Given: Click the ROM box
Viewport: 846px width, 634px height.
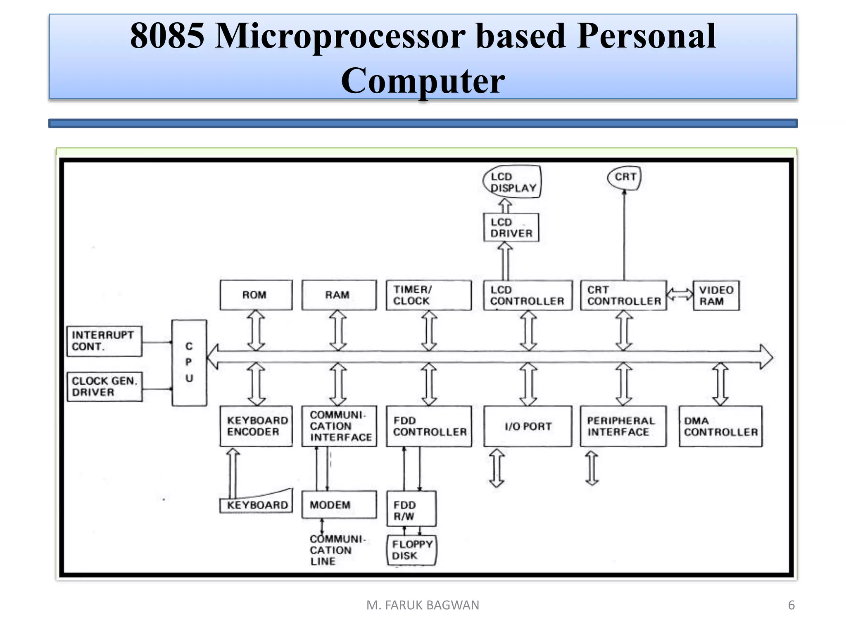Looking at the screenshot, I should [x=256, y=295].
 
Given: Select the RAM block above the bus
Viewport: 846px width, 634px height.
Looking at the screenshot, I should [x=339, y=295].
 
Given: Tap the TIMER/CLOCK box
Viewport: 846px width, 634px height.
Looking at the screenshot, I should [x=428, y=295].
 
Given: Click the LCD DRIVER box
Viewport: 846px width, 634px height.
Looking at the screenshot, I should [x=511, y=227].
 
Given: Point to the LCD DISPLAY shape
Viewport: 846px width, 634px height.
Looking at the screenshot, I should [x=512, y=182].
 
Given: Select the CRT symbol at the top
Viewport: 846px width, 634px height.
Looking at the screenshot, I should [x=624, y=177].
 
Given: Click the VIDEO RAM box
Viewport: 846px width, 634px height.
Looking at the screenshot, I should [x=716, y=296].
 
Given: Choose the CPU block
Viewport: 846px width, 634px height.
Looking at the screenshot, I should [x=189, y=362].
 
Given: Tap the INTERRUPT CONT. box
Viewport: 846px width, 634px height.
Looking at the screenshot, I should [x=104, y=341].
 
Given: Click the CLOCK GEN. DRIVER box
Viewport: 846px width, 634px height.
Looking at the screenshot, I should [x=104, y=387].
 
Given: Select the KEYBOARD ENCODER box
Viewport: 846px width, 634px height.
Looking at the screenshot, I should [x=256, y=426].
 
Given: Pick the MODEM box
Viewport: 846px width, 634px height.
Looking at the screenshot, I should [x=339, y=504].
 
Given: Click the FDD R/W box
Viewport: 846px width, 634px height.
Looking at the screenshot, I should [x=411, y=509].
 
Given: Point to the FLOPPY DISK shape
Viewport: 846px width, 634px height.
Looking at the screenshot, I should [x=411, y=550].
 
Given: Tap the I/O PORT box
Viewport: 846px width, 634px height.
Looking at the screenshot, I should [x=528, y=426].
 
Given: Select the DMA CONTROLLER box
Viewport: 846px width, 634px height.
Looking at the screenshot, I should [x=720, y=426].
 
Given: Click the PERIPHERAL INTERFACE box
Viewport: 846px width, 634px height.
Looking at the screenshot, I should [x=623, y=426].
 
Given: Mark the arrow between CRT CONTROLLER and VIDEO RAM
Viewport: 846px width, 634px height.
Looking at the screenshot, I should [x=680, y=294].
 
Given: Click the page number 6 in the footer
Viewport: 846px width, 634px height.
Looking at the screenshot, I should [x=791, y=605].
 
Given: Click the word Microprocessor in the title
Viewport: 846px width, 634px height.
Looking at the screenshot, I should [x=340, y=36].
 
